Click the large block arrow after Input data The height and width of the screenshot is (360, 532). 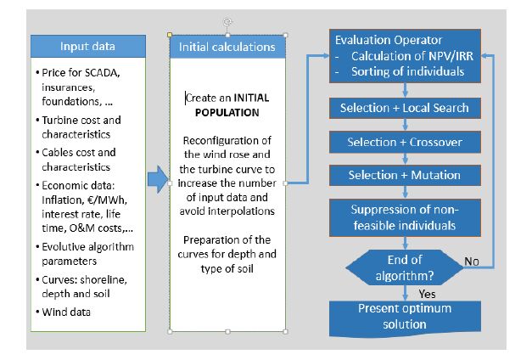pos(157,180)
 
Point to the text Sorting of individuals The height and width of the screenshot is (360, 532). pos(408,70)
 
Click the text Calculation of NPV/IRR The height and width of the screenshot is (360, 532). pos(408,57)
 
